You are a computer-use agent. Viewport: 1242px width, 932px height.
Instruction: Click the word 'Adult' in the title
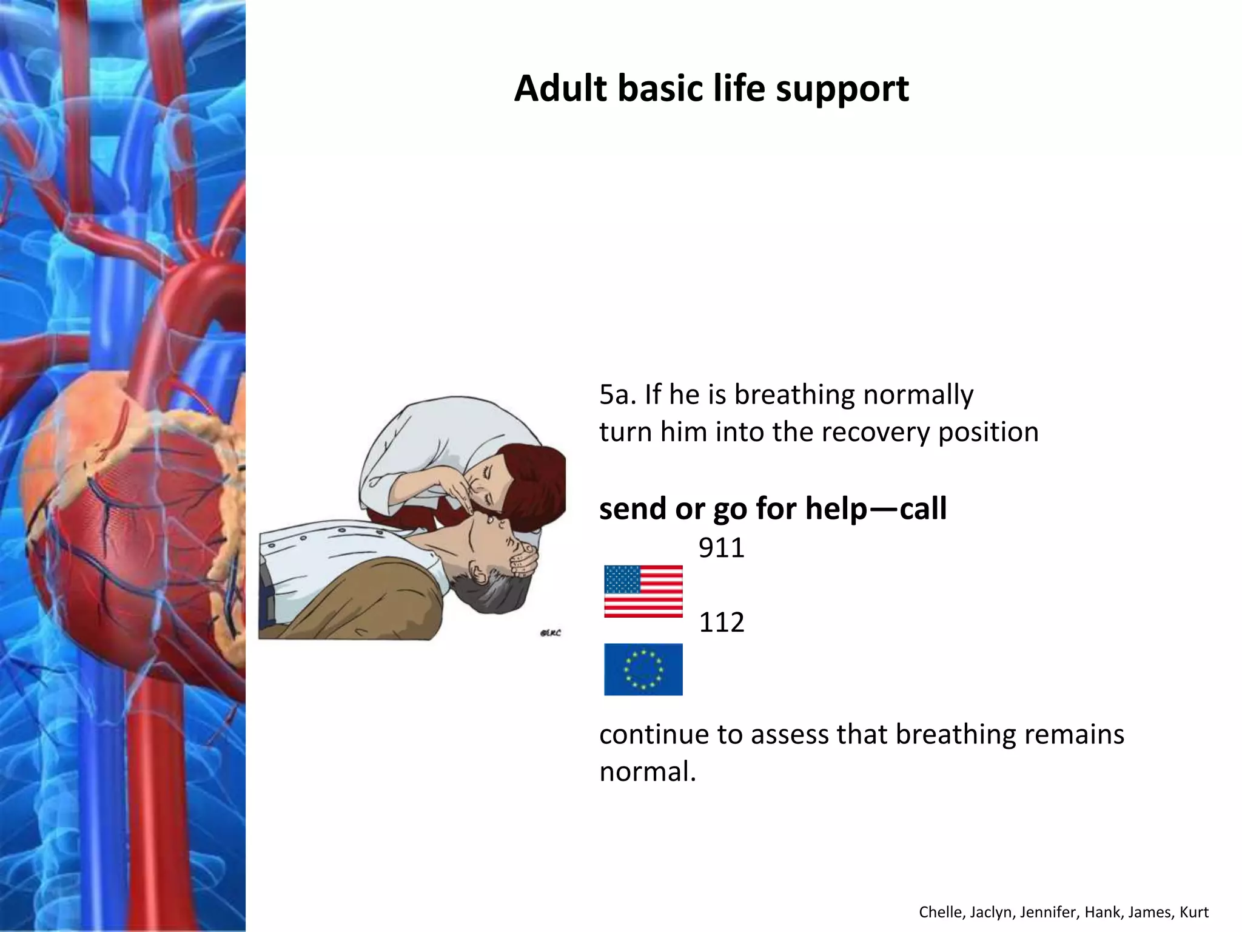click(560, 89)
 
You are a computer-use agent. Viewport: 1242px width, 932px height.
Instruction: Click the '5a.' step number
click(617, 395)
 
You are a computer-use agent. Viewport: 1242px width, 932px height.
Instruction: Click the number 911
click(721, 548)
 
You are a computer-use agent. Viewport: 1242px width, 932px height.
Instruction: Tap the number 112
click(721, 623)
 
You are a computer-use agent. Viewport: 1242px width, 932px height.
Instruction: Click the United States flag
click(643, 591)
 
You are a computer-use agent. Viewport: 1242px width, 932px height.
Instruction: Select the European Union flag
click(643, 669)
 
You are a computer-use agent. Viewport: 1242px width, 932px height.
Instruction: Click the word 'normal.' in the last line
click(648, 772)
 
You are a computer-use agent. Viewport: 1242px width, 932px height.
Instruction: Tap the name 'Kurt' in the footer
click(1194, 912)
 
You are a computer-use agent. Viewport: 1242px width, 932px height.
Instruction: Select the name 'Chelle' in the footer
click(941, 912)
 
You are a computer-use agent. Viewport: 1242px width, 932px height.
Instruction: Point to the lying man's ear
click(480, 572)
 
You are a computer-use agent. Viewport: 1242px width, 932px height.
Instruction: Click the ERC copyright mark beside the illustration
click(550, 633)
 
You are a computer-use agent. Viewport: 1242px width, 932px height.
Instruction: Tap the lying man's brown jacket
click(364, 601)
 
